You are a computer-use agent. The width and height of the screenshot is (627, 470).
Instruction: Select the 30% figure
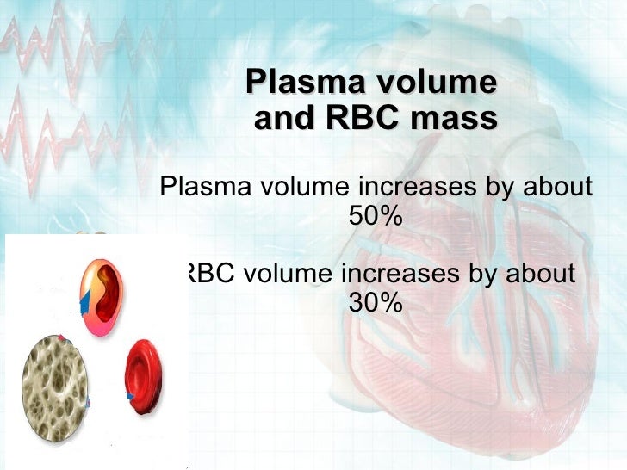376,303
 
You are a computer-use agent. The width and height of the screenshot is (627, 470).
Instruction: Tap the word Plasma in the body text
204,187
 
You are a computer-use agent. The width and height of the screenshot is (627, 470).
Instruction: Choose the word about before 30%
538,275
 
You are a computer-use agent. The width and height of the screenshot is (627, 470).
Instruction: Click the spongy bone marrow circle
59,380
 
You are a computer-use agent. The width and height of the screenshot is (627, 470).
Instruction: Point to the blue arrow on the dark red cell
128,395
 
